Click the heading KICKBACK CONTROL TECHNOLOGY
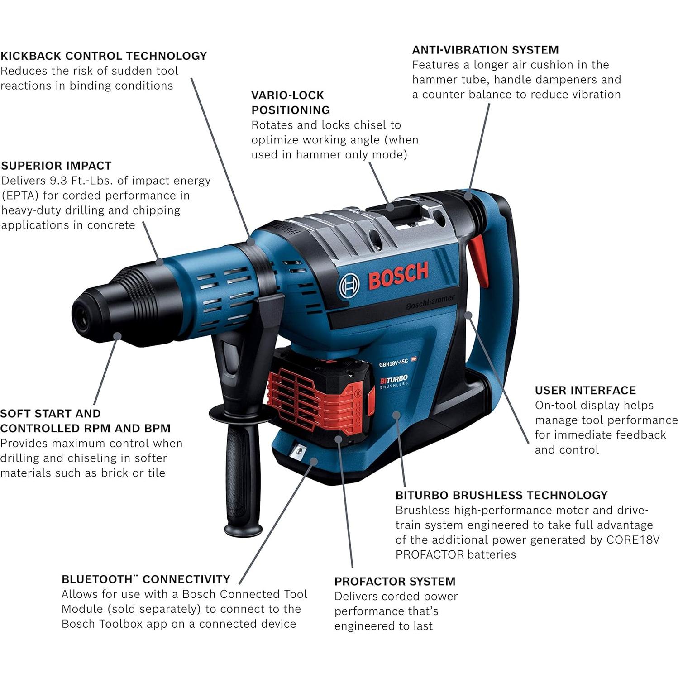pyautogui.click(x=104, y=56)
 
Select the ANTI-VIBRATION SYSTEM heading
pyautogui.click(x=485, y=49)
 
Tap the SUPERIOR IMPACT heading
pyautogui.click(x=57, y=166)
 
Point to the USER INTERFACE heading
pyautogui.click(x=585, y=390)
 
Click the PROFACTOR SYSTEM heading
pyautogui.click(x=395, y=581)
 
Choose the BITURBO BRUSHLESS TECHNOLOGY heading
pyautogui.click(x=501, y=495)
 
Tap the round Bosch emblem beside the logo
pyautogui.click(x=349, y=285)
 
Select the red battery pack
pyautogui.click(x=319, y=394)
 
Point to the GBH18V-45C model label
pyautogui.click(x=394, y=362)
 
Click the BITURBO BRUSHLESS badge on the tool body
pyautogui.click(x=394, y=381)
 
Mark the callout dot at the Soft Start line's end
pyautogui.click(x=118, y=336)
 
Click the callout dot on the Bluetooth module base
pyautogui.click(x=313, y=460)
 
